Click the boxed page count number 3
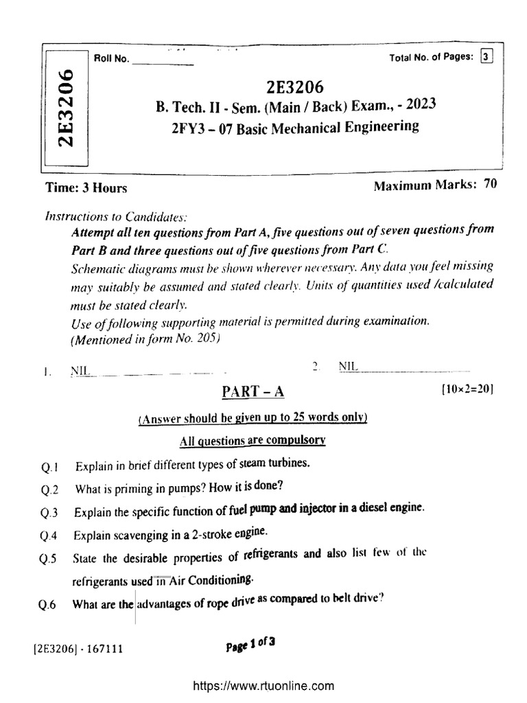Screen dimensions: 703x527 487,58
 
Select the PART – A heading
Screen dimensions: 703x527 253,391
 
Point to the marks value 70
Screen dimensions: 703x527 490,184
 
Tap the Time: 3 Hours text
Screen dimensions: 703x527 86,187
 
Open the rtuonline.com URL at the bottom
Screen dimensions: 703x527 263,685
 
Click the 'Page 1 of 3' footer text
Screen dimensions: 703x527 250,643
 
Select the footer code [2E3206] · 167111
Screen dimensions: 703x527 77,647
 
